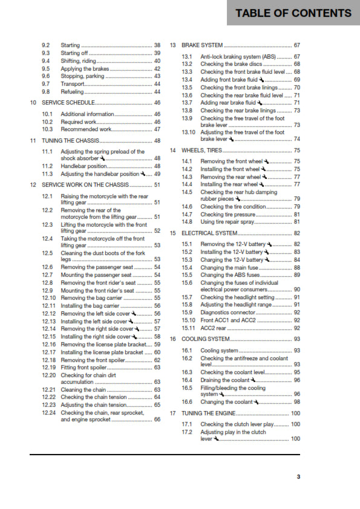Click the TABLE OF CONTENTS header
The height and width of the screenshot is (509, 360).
(293, 13)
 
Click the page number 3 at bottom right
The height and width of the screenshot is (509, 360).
(298, 476)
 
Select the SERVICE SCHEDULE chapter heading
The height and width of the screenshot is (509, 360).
(67, 103)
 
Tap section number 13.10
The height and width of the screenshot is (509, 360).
(189, 132)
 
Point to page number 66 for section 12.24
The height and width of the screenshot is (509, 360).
(157, 419)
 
